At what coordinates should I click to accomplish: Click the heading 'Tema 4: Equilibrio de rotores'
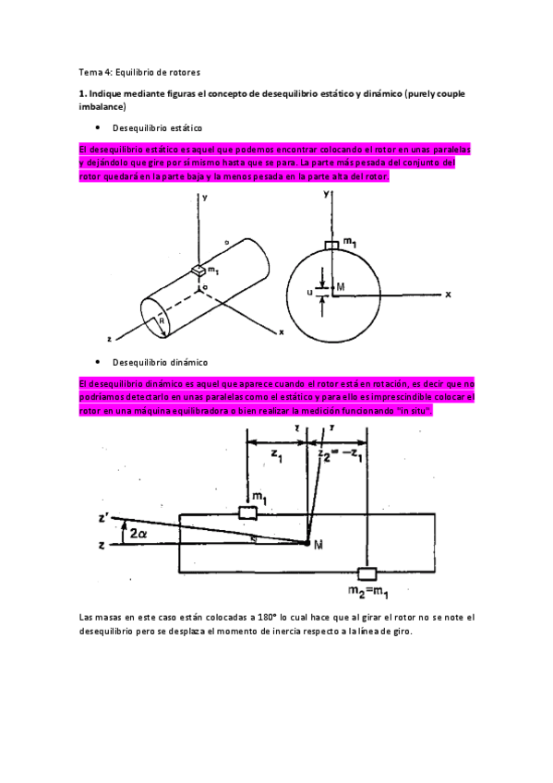(138, 71)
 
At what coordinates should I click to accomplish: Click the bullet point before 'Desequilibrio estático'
(97, 127)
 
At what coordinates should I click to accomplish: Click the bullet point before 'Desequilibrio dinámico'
(97, 362)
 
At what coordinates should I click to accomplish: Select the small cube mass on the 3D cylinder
(198, 270)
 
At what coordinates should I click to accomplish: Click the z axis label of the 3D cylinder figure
(109, 339)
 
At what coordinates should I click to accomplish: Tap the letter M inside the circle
(340, 287)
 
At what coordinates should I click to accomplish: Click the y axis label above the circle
(326, 196)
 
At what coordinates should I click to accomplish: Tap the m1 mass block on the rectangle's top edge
(247, 512)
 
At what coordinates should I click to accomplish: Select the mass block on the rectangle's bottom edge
(367, 572)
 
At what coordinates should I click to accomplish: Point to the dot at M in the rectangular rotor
(307, 544)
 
